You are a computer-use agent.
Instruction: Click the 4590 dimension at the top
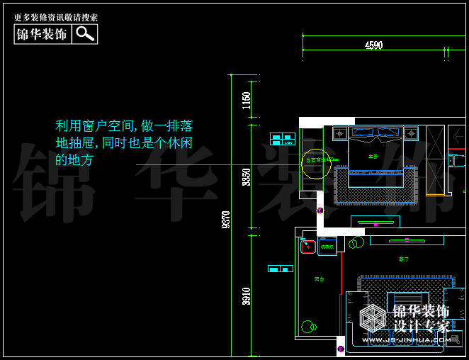(x=373, y=45)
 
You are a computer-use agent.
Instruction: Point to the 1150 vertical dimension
(x=247, y=100)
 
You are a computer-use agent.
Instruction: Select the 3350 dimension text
(x=247, y=177)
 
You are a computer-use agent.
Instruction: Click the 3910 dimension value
(x=247, y=296)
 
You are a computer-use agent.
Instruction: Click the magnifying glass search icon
(x=85, y=33)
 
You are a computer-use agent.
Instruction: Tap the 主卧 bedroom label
(x=373, y=155)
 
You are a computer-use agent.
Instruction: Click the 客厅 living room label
(x=403, y=259)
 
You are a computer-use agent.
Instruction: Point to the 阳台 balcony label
(x=319, y=279)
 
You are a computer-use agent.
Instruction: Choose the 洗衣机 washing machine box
(x=327, y=247)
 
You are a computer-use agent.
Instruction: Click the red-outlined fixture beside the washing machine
(x=307, y=247)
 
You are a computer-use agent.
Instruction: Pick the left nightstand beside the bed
(x=340, y=133)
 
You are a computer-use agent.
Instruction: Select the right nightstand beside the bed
(x=411, y=133)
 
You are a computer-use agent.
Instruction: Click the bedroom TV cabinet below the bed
(x=375, y=223)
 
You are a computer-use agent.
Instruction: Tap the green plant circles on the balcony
(x=309, y=327)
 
